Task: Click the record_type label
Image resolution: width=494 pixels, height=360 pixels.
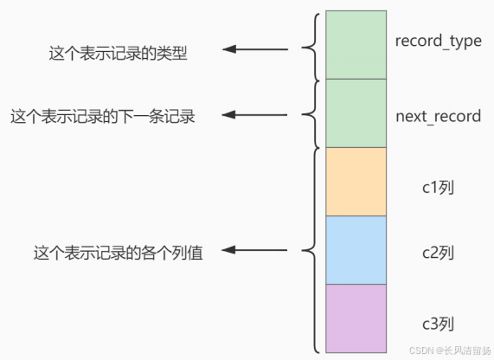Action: tap(438, 42)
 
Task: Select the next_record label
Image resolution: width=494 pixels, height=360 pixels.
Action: tap(438, 116)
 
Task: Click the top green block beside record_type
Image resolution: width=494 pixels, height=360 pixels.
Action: tap(356, 44)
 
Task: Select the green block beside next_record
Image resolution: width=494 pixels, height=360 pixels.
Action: tap(356, 112)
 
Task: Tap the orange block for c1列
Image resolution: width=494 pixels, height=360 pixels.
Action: tap(356, 181)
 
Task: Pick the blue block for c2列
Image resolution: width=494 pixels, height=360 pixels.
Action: tap(356, 249)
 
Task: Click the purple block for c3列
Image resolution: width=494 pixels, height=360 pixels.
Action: tap(356, 318)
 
